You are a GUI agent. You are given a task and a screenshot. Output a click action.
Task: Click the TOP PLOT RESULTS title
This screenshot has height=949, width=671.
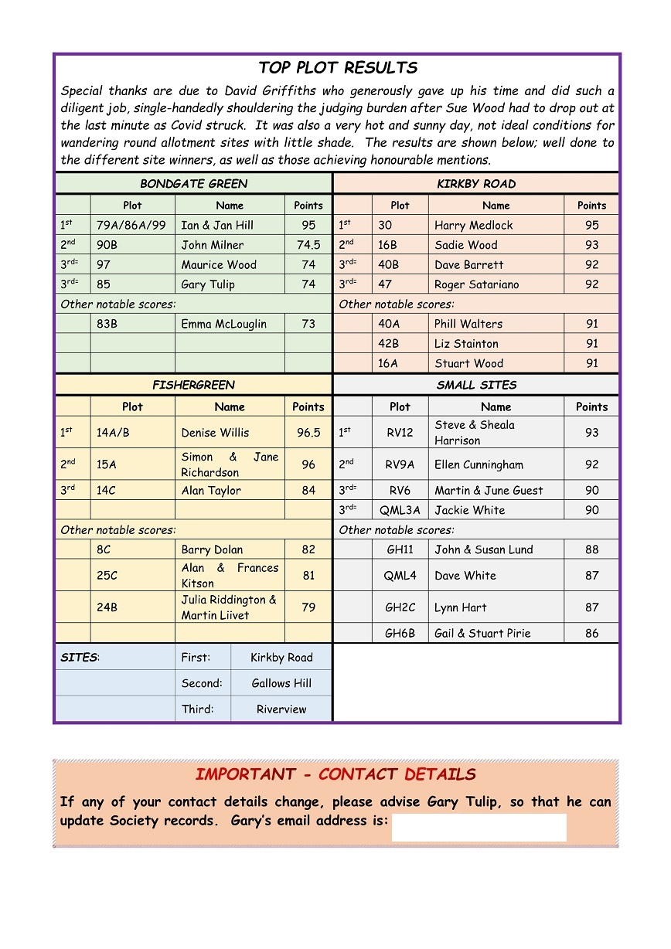click(338, 68)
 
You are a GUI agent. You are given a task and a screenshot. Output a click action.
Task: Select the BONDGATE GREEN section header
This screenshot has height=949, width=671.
click(194, 184)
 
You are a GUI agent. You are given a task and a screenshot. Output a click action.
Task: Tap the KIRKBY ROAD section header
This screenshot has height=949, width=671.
click(476, 184)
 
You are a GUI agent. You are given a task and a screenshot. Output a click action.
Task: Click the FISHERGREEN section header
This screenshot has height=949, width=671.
click(194, 385)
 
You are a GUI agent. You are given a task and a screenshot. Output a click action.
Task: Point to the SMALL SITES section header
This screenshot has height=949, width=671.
click(476, 385)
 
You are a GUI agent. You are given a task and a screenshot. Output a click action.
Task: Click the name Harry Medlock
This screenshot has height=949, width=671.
click(473, 226)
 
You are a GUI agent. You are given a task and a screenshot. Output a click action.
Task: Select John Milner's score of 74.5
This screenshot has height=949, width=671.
click(308, 245)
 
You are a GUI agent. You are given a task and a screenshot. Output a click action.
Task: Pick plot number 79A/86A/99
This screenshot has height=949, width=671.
click(131, 226)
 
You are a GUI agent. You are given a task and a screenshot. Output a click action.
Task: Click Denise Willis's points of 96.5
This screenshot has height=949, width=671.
click(308, 433)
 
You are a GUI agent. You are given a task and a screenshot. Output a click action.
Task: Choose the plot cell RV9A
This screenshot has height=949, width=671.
click(400, 464)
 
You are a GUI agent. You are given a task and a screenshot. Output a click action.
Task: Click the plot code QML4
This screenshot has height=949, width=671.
click(400, 576)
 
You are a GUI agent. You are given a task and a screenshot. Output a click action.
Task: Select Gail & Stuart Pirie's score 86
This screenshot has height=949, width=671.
click(591, 633)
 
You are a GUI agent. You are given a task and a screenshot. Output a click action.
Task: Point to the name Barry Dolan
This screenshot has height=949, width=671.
click(212, 549)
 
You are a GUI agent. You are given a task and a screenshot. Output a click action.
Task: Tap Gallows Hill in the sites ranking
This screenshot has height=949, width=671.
click(281, 683)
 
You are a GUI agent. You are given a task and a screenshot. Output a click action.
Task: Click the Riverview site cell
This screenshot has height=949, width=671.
click(281, 709)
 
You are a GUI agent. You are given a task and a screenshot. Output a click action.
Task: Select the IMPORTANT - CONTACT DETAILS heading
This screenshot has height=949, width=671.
click(335, 774)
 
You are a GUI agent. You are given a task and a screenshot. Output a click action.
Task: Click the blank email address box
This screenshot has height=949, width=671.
click(479, 827)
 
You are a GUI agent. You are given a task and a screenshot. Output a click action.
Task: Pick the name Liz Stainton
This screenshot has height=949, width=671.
click(466, 344)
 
